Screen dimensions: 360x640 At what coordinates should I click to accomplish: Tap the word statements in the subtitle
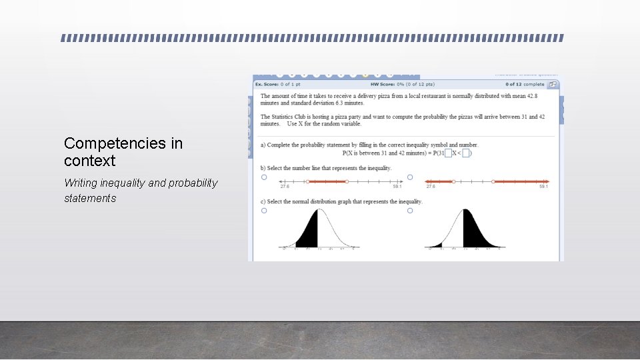(x=90, y=198)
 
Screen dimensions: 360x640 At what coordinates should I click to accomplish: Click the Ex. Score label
(x=267, y=84)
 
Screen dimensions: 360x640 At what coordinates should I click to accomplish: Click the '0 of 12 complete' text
(x=525, y=84)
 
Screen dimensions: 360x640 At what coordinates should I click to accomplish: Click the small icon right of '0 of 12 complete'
(x=553, y=84)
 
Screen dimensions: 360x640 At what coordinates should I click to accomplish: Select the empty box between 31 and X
(x=448, y=153)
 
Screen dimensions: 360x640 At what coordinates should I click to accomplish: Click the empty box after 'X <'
(x=467, y=153)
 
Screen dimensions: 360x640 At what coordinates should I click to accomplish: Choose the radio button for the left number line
(x=264, y=177)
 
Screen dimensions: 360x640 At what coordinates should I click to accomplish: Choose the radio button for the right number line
(x=410, y=177)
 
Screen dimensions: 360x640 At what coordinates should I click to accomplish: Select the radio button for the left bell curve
(x=264, y=211)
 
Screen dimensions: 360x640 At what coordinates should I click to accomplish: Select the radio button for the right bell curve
(x=410, y=211)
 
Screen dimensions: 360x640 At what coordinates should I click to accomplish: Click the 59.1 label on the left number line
(x=397, y=187)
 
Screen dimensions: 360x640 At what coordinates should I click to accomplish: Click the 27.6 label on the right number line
(x=431, y=187)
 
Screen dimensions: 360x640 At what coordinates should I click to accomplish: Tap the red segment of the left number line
(x=327, y=181)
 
